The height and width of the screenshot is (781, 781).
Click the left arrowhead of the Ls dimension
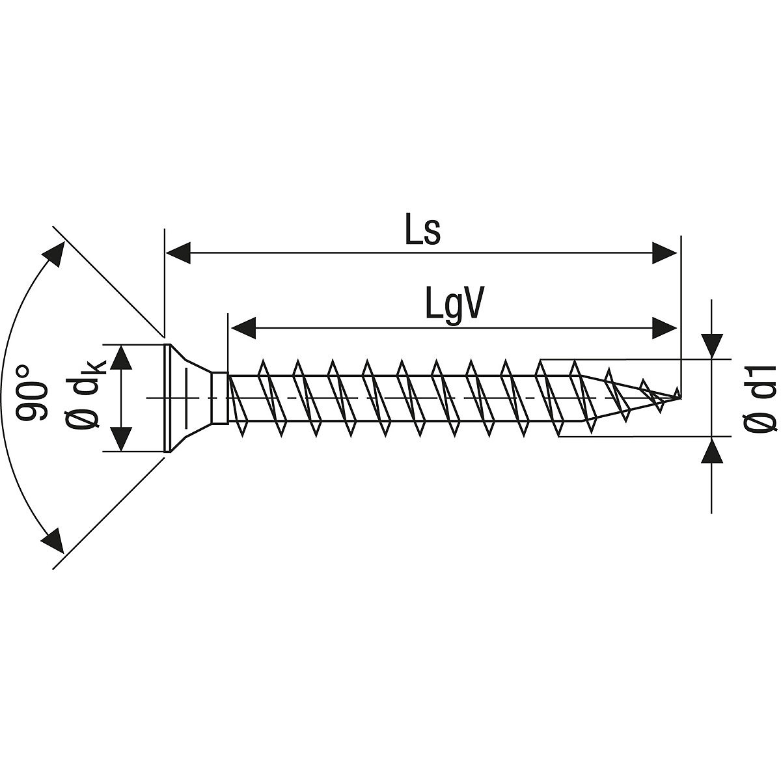coord(178,253)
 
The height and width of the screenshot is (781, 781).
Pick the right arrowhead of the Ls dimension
coord(665,253)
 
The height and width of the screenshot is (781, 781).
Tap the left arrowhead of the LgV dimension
coord(243,327)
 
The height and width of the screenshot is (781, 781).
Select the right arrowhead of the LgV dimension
coord(665,327)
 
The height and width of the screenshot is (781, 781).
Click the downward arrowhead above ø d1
coord(712,346)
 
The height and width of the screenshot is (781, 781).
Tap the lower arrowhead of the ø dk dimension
coord(122,438)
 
